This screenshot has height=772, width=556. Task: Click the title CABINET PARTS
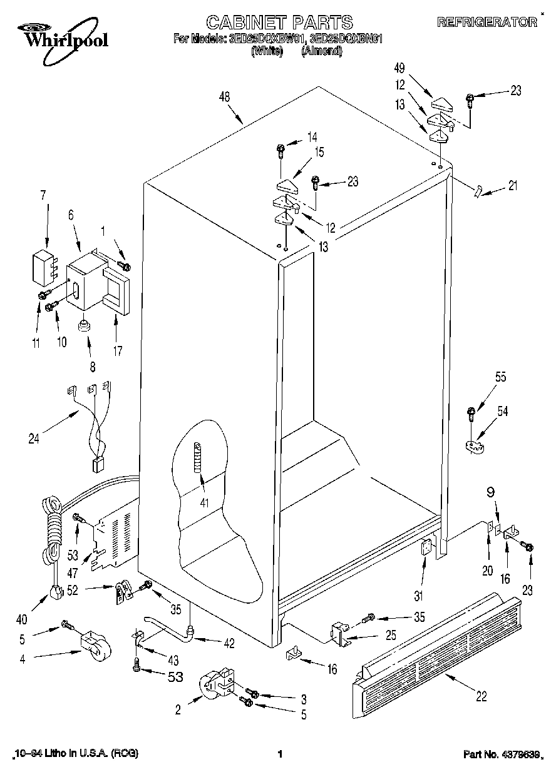[279, 23]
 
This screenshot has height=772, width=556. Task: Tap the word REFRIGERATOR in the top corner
[487, 23]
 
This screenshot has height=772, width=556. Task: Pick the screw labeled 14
[281, 150]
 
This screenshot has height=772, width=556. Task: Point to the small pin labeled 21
[480, 191]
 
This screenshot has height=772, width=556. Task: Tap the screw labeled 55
[471, 413]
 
